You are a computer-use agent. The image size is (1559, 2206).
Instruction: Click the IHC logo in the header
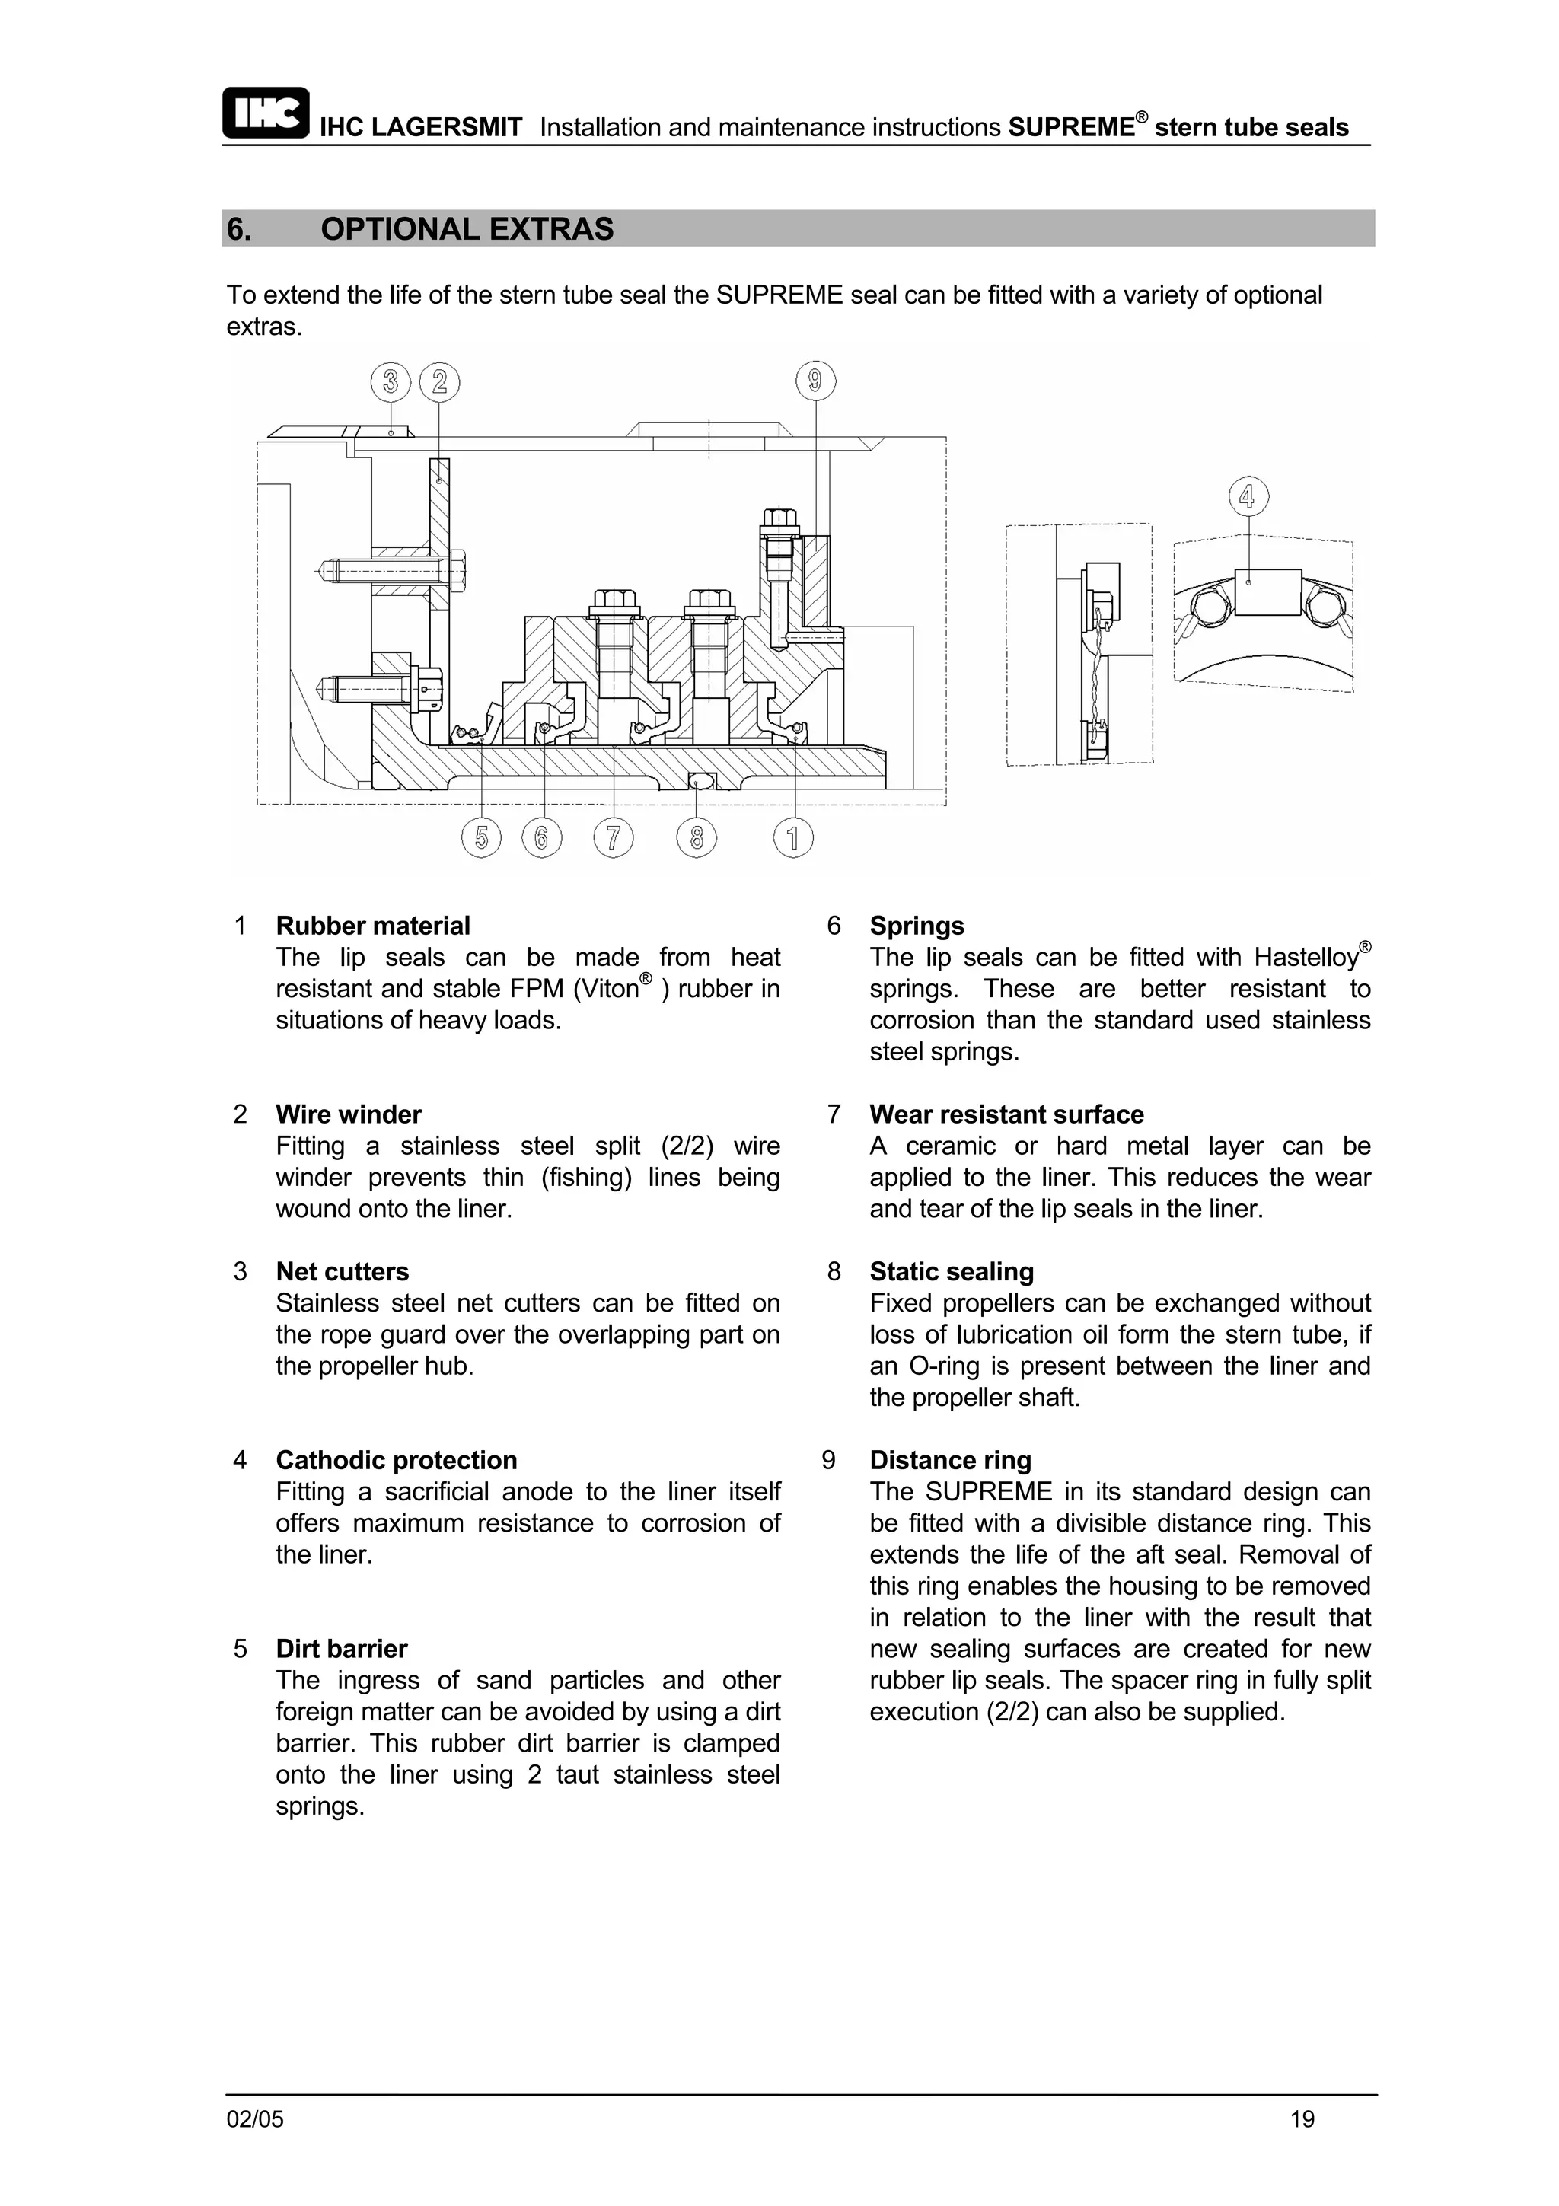265,113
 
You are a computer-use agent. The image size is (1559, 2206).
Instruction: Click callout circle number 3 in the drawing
390,382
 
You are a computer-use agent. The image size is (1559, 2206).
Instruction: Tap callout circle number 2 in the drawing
439,382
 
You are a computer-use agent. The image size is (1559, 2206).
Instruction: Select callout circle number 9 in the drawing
815,382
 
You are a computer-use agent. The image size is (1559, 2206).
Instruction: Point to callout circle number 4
1248,497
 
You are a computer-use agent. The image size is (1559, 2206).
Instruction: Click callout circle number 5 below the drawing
481,838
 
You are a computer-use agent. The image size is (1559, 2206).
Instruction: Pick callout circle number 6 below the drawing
542,838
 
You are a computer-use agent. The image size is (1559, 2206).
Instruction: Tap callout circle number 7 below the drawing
613,838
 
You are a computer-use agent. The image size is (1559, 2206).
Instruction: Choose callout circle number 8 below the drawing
697,838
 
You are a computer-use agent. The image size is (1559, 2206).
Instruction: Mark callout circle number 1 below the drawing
793,838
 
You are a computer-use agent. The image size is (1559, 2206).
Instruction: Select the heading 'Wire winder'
349,1114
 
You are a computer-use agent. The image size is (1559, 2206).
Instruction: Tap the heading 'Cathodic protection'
396,1461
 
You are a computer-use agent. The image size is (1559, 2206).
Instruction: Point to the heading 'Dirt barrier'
341,1649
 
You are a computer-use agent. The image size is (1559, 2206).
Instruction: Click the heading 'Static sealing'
951,1272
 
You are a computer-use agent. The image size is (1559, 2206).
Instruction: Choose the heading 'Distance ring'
950,1461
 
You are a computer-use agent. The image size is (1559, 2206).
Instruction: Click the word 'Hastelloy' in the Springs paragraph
1306,958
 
